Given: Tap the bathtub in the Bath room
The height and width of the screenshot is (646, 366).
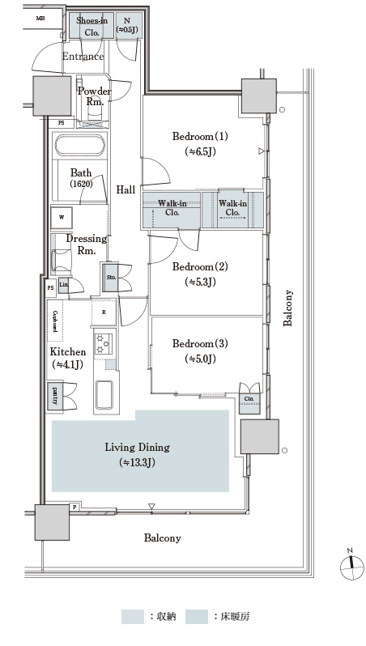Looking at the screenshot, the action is coord(80,145).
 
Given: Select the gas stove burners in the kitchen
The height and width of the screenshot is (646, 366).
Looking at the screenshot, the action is coord(103,343).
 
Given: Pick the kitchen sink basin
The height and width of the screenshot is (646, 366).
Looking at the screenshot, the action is coord(104,394).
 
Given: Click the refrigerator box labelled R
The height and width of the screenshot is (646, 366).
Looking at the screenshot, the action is coord(104,312).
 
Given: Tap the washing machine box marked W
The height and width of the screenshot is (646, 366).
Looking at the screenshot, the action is coord(62,218).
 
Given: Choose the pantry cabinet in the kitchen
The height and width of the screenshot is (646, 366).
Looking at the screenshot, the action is coord(55,397).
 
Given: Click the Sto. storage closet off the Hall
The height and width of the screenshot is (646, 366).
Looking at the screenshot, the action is coord(110,277).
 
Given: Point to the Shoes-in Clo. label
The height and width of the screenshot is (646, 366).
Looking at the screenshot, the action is coord(91,27).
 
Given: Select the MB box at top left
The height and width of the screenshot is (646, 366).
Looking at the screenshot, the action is coord(40,18).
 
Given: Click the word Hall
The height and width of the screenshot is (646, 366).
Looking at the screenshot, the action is coord(126,189).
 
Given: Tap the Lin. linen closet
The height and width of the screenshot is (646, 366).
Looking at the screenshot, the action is coord(63,285).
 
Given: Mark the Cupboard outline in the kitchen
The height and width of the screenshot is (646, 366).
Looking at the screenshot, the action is coord(55,321).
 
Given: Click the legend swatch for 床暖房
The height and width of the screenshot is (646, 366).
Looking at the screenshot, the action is coord(197,616).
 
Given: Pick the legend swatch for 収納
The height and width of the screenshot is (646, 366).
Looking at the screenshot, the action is coord(133,616).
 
